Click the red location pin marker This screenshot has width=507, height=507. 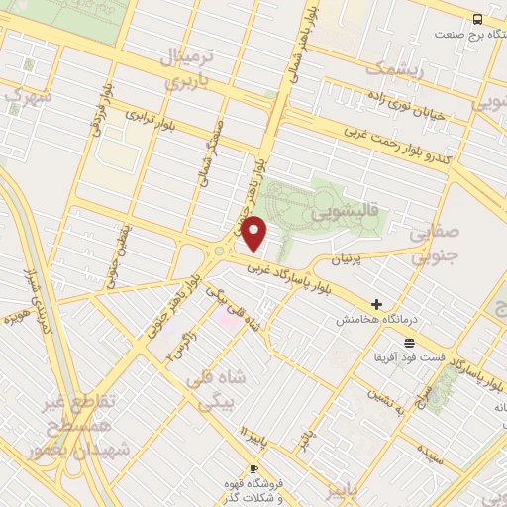(x=255, y=232)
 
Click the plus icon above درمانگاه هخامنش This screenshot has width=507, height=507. (x=376, y=304)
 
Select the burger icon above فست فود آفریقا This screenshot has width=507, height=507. (x=409, y=342)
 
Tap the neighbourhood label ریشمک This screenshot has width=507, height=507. (x=394, y=70)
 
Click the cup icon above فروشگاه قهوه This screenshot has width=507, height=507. (x=254, y=468)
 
